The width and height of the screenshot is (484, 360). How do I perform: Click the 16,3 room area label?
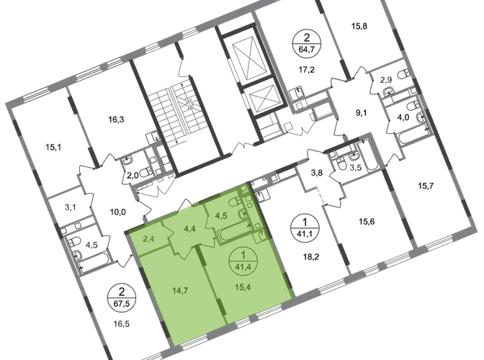[x=116, y=119]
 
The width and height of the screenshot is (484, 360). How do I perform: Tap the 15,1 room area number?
[x=53, y=147]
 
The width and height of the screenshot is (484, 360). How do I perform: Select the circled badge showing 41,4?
[x=243, y=261]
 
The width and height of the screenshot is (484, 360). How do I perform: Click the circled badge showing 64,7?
[x=307, y=44]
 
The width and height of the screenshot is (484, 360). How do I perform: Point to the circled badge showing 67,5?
[x=122, y=297]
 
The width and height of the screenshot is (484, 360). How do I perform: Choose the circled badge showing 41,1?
[x=305, y=228]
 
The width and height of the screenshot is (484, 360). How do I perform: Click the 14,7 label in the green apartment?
[x=181, y=290]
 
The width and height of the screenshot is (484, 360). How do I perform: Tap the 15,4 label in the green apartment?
[x=243, y=287]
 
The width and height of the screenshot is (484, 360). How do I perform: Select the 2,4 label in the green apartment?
[x=148, y=238]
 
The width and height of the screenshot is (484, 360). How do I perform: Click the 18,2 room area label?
[x=311, y=256]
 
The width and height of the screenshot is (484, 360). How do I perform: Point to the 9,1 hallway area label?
[x=361, y=113]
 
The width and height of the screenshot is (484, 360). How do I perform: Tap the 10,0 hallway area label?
[x=118, y=212]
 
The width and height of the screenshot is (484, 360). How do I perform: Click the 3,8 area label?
[x=316, y=173]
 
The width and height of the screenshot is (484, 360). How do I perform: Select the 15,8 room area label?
[x=359, y=26]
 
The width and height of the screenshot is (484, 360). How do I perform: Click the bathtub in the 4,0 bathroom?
[x=413, y=134]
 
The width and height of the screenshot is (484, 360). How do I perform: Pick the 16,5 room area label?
[x=121, y=323]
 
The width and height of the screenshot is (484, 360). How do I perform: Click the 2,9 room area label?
[x=386, y=80]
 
